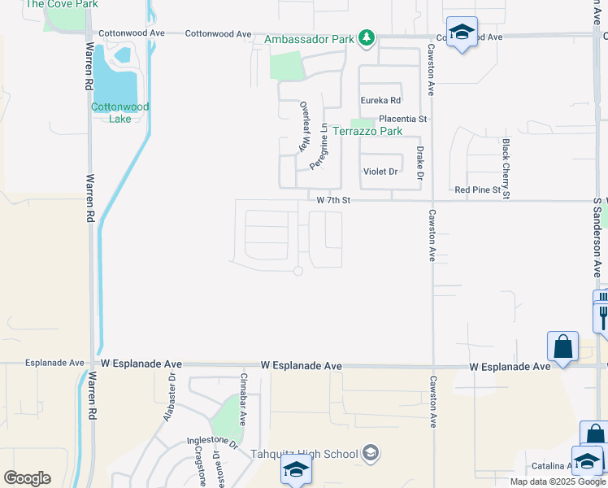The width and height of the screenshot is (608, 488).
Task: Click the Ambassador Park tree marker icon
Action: [367, 38]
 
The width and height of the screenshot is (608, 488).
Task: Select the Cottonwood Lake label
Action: [120, 112]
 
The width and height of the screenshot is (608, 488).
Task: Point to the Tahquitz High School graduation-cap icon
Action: [371, 453]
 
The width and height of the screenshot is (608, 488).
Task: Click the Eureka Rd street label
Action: [381, 101]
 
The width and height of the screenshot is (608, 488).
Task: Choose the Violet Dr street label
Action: [380, 172]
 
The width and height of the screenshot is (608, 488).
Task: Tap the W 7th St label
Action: [332, 200]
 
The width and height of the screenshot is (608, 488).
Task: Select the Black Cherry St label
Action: [506, 168]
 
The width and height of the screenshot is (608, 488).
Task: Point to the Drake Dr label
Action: [420, 163]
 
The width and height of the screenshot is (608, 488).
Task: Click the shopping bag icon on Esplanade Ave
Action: [562, 347]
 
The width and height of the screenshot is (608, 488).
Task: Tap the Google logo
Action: [27, 478]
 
